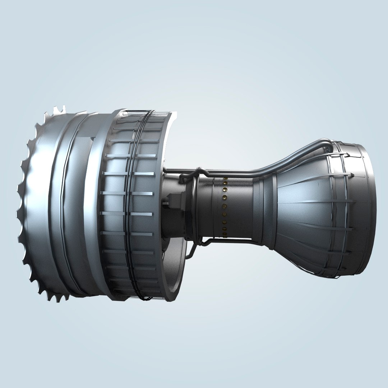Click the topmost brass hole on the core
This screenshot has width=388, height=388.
[x=225, y=179]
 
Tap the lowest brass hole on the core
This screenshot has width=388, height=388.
[x=225, y=236]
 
